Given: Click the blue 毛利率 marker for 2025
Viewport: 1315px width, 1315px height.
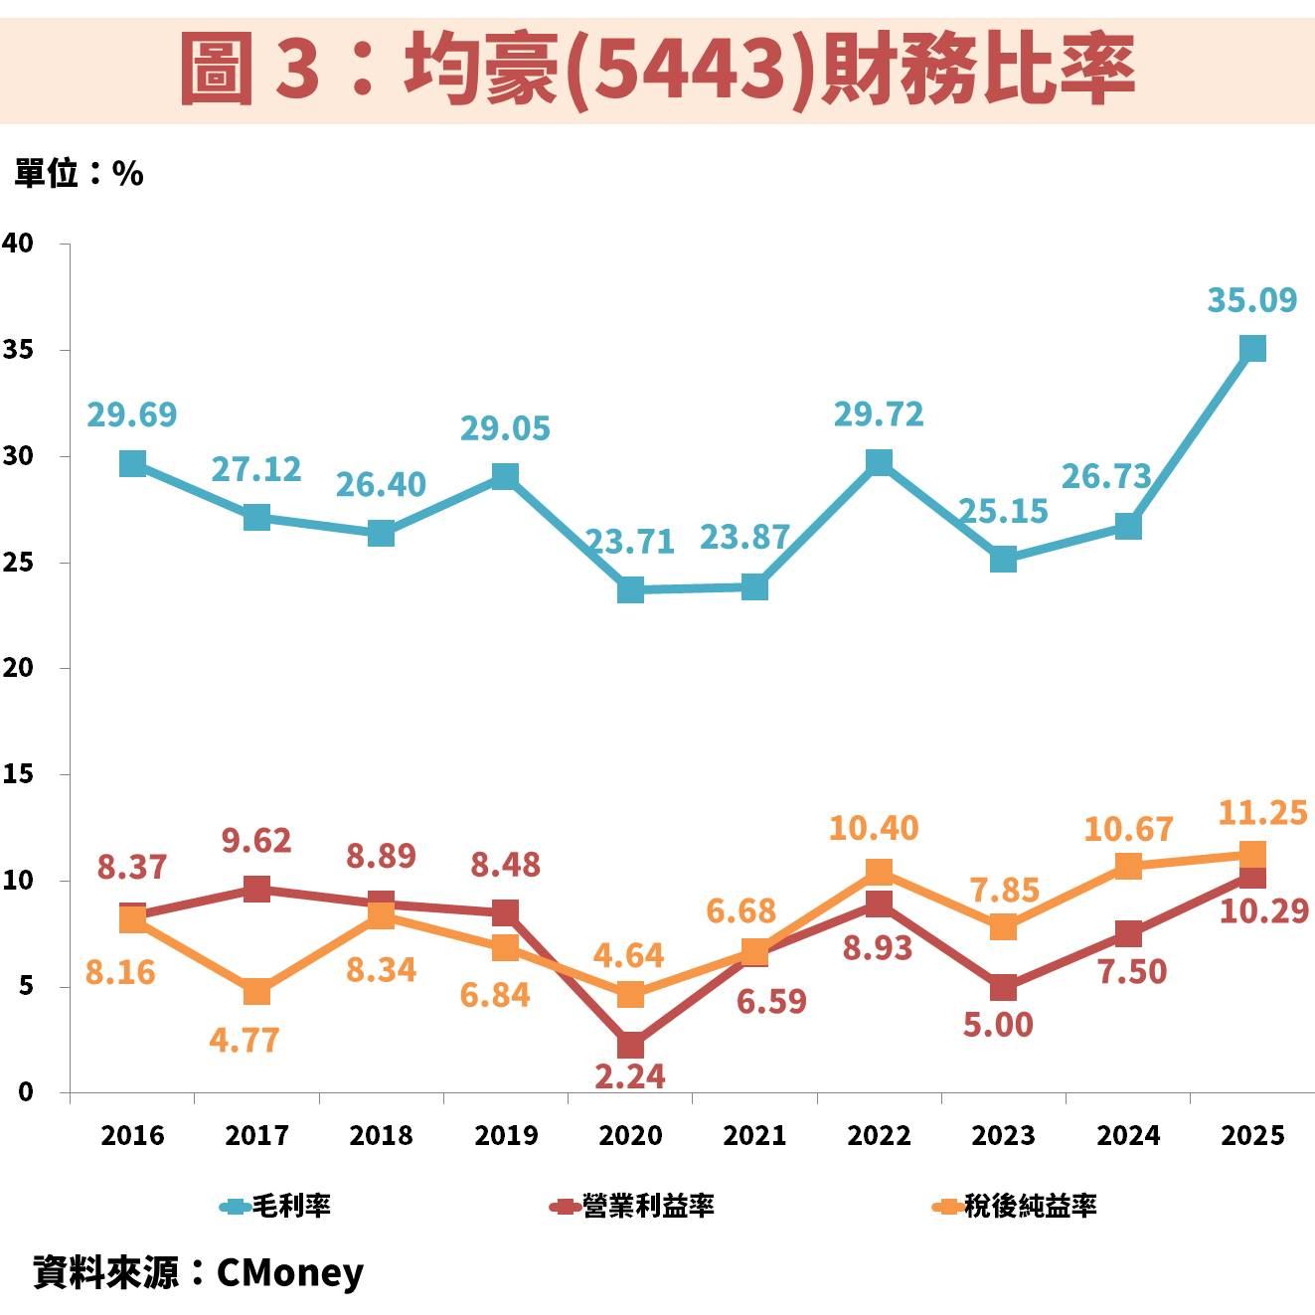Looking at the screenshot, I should pyautogui.click(x=1252, y=348).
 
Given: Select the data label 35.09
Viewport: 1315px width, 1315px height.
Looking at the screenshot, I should pyautogui.click(x=1251, y=299).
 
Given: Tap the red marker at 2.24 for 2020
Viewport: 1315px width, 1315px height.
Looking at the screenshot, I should pyautogui.click(x=630, y=1045).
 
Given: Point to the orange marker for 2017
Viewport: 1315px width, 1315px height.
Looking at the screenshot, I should pyautogui.click(x=256, y=991).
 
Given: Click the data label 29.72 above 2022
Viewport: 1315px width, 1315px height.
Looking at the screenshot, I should pyautogui.click(x=878, y=413).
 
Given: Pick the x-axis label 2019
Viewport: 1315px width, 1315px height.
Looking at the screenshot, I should pyautogui.click(x=506, y=1135).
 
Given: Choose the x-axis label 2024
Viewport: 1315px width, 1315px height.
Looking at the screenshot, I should pyautogui.click(x=1128, y=1135).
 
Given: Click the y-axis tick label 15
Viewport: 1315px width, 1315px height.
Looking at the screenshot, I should pyautogui.click(x=18, y=773).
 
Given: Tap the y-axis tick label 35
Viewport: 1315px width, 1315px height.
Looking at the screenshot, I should pyautogui.click(x=18, y=350).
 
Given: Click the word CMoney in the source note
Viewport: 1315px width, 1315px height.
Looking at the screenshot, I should pyautogui.click(x=289, y=1272).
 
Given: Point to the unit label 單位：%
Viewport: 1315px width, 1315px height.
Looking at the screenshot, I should pyautogui.click(x=79, y=174).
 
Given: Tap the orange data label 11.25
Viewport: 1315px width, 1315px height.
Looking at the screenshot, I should pyautogui.click(x=1261, y=813).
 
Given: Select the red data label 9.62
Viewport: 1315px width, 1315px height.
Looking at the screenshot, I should pyautogui.click(x=256, y=841).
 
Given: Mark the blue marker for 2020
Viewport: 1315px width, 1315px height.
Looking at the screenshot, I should pyautogui.click(x=630, y=589).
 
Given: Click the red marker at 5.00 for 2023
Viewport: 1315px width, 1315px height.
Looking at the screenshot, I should pyautogui.click(x=1004, y=987).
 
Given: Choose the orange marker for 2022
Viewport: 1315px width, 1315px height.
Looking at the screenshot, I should pyautogui.click(x=879, y=872).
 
